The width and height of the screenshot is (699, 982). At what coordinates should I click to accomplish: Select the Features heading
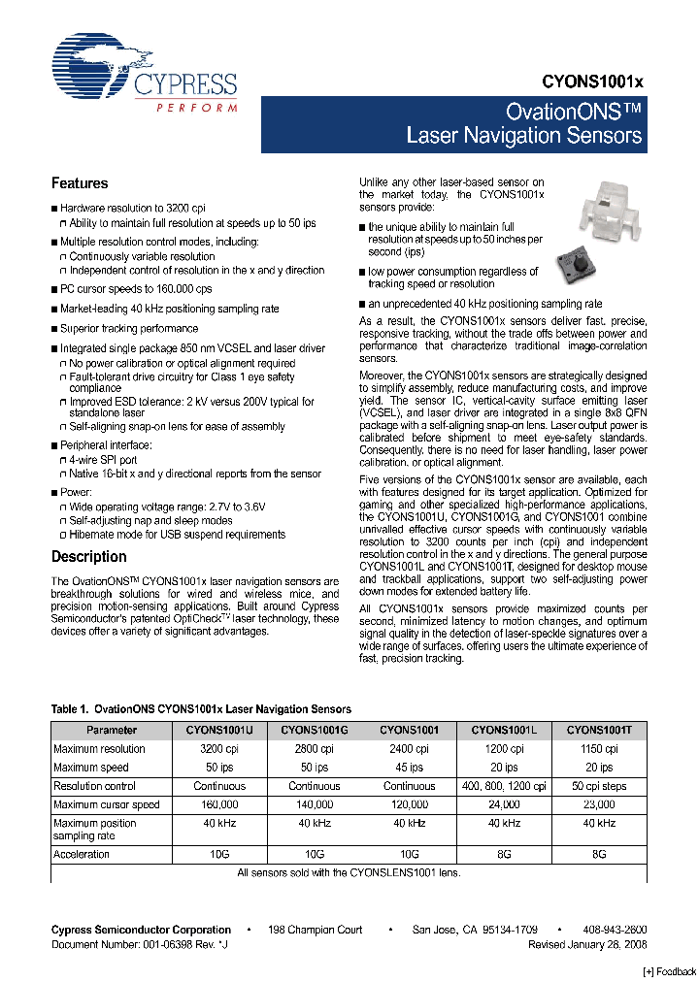click(80, 183)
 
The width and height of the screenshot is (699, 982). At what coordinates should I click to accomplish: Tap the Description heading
click(88, 557)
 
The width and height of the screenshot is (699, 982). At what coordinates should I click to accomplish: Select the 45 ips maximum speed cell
click(409, 767)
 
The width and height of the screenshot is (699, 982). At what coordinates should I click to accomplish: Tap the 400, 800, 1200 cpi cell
click(505, 786)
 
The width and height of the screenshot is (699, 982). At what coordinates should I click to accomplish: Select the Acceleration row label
click(82, 855)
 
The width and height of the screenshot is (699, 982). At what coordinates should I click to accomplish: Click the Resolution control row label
click(94, 786)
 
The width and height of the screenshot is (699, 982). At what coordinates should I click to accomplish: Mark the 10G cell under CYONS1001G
click(315, 855)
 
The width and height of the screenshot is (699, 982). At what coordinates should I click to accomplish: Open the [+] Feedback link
click(670, 972)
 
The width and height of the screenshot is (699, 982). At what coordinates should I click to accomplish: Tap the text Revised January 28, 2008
click(587, 944)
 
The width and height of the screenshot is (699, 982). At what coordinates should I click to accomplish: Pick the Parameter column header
click(111, 730)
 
